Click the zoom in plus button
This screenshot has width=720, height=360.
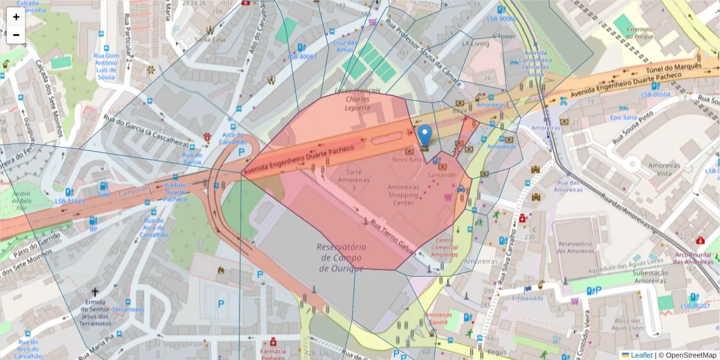[x=16, y=17]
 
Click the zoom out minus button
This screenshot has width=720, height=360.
[x=16, y=34]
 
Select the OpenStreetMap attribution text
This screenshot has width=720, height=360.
[x=687, y=355]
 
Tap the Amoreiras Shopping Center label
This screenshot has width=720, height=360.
[x=403, y=195]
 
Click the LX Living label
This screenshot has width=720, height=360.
[x=475, y=44]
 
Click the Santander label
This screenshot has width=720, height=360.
[x=442, y=175]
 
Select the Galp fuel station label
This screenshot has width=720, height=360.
[x=104, y=194]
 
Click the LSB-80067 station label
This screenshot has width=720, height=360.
[x=302, y=56]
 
